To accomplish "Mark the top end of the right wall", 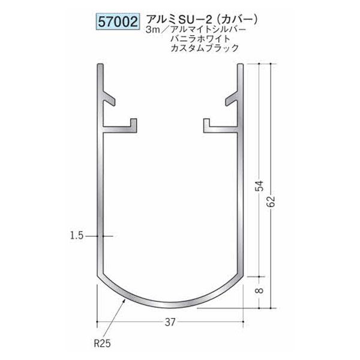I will (x=244, y=64).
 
